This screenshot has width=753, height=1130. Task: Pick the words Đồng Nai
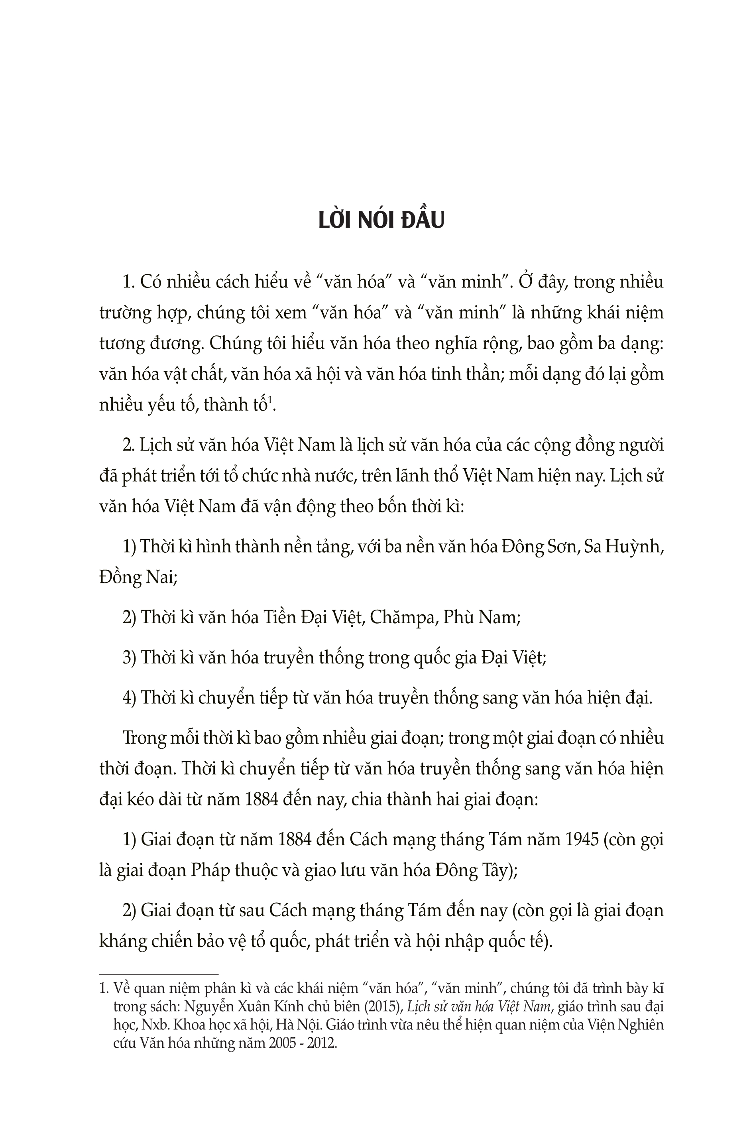click(x=136, y=578)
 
